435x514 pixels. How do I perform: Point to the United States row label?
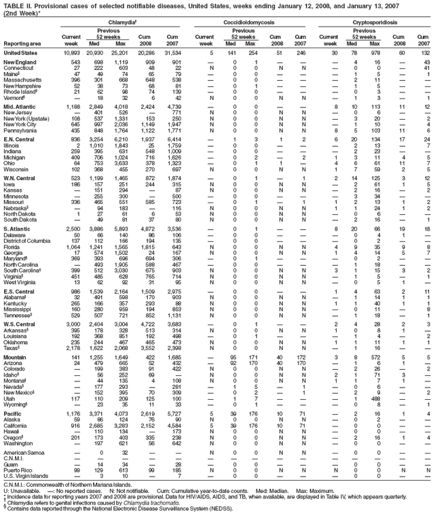point(21,53)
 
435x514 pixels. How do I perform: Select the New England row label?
point(20,63)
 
